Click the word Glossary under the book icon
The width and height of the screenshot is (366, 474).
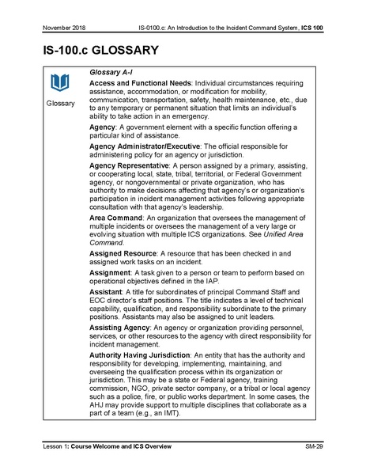pos(60,104)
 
